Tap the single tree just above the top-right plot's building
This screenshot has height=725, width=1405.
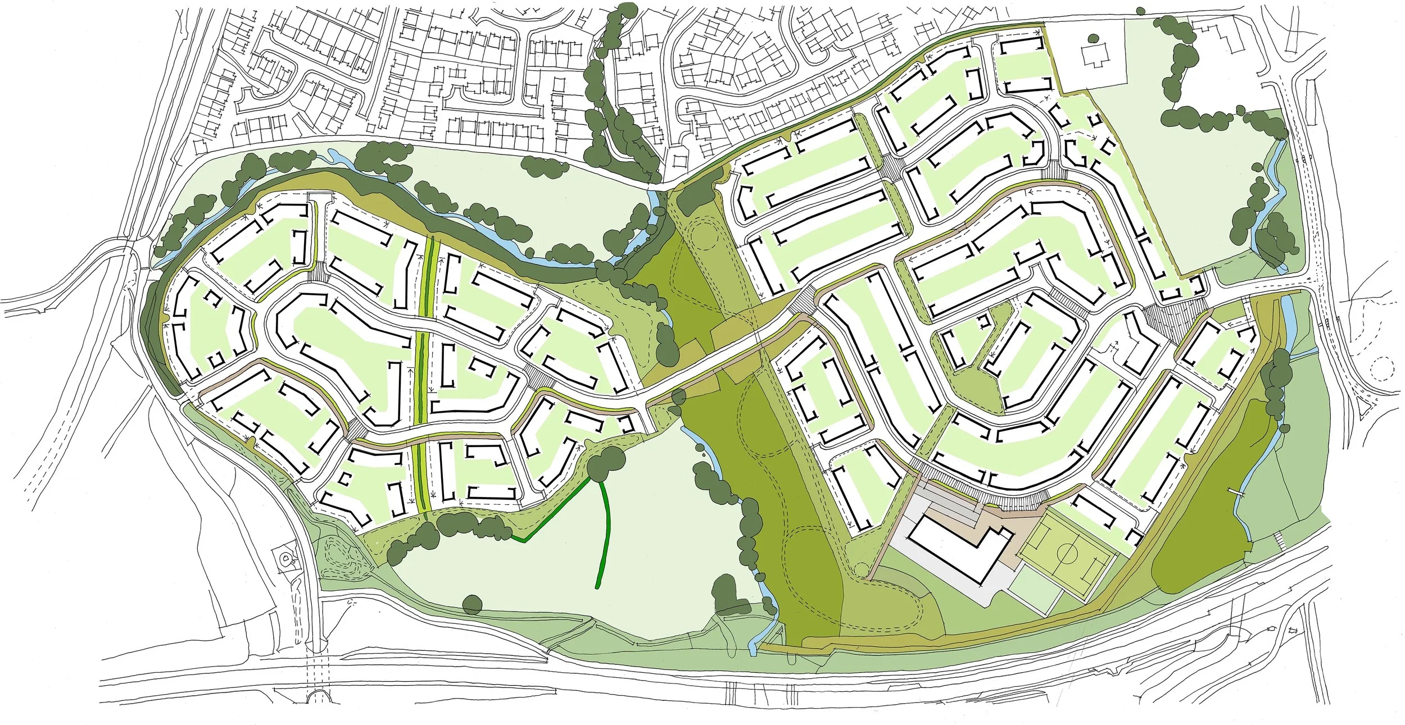(x=1093, y=39)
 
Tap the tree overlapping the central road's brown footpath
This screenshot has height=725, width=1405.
(x=678, y=398)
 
